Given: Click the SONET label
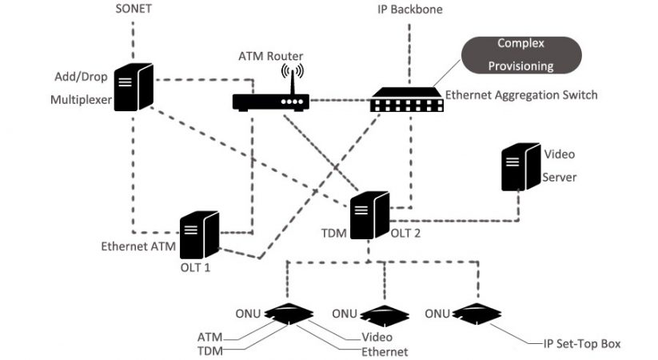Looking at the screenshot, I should [x=132, y=10].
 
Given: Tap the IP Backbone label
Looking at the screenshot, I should [x=410, y=10].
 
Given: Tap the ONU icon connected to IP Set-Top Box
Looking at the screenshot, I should [x=477, y=315].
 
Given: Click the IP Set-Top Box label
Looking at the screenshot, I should [x=578, y=343].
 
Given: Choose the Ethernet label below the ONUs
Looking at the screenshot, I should [x=385, y=352].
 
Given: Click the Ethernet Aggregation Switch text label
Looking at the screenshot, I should [x=521, y=95].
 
